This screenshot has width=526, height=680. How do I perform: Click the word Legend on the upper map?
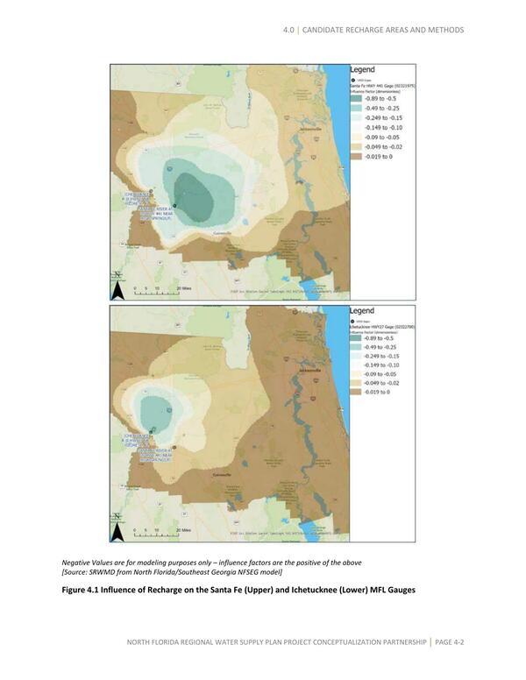(x=362, y=68)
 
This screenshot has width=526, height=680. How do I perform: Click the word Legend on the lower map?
(x=362, y=310)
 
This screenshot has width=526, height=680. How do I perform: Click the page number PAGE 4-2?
(x=449, y=643)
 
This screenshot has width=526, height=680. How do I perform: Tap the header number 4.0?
(x=289, y=30)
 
